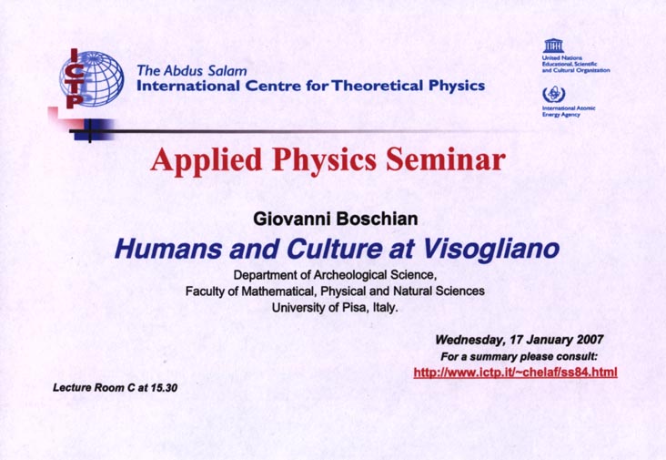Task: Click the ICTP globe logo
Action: pyautogui.click(x=92, y=78)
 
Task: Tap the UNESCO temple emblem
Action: pyautogui.click(x=553, y=45)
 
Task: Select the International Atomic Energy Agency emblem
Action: pyautogui.click(x=553, y=94)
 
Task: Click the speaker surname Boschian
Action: pyautogui.click(x=377, y=219)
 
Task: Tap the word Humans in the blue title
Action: pyautogui.click(x=167, y=250)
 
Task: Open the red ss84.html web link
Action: pyautogui.click(x=515, y=373)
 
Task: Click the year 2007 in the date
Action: pyautogui.click(x=590, y=339)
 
